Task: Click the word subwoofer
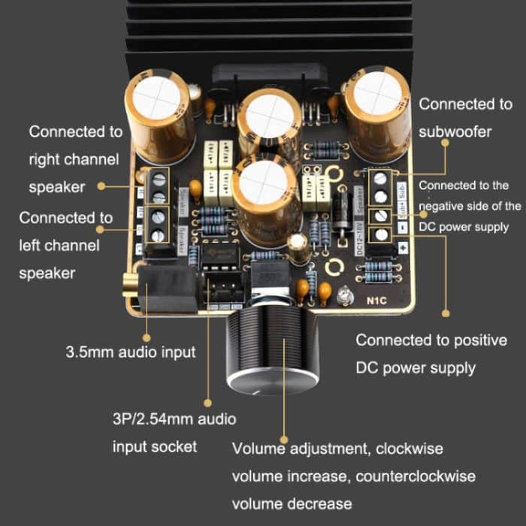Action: coord(455,131)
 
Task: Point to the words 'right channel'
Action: coord(74,159)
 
